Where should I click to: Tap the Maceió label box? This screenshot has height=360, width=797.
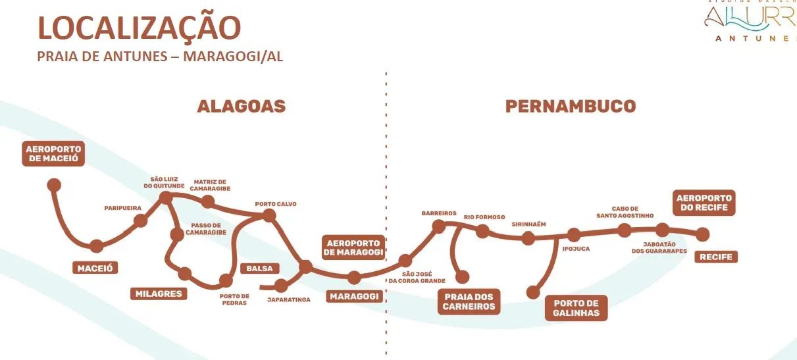[97, 268]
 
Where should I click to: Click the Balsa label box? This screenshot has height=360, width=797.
[259, 269]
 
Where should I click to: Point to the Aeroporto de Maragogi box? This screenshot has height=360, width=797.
[353, 247]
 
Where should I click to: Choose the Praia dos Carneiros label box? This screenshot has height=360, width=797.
[469, 301]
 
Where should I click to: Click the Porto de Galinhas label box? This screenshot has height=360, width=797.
[576, 308]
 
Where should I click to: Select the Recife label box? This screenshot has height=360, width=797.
[716, 257]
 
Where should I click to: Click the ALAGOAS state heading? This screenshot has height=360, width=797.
[242, 107]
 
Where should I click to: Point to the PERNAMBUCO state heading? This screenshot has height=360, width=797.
[571, 106]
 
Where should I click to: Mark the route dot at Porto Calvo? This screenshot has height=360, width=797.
[269, 215]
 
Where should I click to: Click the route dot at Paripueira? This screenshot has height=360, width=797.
[140, 221]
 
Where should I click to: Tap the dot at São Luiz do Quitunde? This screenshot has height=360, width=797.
[166, 197]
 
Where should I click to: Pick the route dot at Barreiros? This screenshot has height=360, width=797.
[438, 226]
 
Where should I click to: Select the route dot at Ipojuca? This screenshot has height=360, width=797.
[574, 235]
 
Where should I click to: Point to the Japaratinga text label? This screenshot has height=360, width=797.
[285, 299]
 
